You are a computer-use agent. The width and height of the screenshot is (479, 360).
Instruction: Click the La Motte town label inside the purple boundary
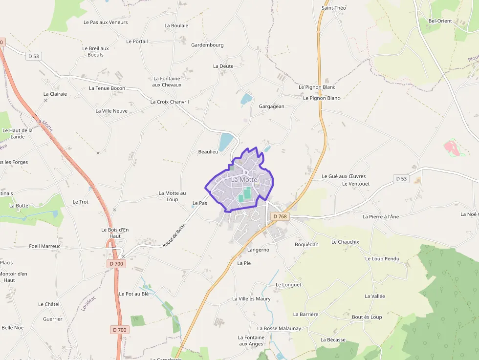(x=244, y=179)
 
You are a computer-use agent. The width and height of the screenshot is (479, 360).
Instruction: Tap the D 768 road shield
(x=280, y=216)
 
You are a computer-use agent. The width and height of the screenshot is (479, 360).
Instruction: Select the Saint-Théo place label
(x=334, y=8)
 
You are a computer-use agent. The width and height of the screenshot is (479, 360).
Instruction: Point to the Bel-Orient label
(x=440, y=21)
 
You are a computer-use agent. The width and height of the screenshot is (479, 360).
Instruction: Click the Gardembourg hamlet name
(x=207, y=45)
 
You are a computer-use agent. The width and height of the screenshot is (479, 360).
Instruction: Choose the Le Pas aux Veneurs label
(x=106, y=22)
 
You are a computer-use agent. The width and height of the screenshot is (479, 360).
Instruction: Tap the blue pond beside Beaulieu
(x=226, y=142)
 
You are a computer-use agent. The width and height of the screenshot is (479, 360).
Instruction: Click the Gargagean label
(x=271, y=106)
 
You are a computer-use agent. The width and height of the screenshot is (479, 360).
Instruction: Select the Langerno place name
(x=258, y=250)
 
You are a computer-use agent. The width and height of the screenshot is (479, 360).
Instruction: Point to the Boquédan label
(x=306, y=244)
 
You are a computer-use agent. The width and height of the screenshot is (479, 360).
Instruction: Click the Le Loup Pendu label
(x=382, y=259)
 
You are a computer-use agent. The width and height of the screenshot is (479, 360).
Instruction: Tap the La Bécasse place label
(x=333, y=340)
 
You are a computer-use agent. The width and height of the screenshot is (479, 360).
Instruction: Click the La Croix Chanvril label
(x=169, y=102)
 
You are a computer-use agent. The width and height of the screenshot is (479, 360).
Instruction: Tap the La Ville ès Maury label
(x=251, y=299)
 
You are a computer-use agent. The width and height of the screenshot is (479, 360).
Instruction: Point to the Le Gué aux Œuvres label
(x=344, y=176)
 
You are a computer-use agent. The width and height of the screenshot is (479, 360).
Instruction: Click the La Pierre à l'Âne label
(x=381, y=216)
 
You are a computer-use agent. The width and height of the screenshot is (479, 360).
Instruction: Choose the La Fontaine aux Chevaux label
(x=167, y=82)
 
